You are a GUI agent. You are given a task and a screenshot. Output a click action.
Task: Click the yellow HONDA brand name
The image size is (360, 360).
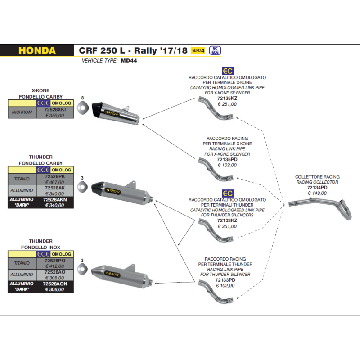[x=37, y=50]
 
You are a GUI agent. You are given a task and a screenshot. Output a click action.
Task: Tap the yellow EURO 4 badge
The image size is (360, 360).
[x=198, y=50]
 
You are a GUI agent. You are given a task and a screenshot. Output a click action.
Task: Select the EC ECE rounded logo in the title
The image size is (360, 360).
[x=215, y=50]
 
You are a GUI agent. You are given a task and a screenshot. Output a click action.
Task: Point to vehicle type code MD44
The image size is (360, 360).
[x=129, y=61]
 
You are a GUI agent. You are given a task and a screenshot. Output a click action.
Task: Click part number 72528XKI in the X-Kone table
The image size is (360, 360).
[x=55, y=109]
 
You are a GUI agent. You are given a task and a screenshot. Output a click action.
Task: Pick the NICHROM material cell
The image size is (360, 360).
[x=22, y=112]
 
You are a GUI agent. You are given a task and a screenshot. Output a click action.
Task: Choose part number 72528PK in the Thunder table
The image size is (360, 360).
[x=55, y=176]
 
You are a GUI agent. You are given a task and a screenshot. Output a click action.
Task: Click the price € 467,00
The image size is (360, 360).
[x=55, y=182]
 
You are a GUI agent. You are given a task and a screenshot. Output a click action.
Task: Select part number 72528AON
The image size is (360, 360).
[x=55, y=283]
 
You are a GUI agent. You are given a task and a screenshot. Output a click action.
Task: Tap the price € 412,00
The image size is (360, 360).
[x=55, y=266]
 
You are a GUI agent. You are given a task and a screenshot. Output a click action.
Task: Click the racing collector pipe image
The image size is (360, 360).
[x=320, y=208]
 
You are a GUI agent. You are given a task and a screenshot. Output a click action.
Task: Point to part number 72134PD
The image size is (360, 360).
[x=317, y=188]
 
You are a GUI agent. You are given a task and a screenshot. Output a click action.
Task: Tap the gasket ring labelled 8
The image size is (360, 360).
[x=83, y=108]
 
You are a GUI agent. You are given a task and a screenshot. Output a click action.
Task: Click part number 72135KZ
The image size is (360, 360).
[x=227, y=98]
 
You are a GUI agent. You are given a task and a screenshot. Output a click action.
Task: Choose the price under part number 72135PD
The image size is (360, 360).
[x=227, y=165]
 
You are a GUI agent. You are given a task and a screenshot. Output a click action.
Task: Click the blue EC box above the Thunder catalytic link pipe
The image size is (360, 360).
[x=228, y=193]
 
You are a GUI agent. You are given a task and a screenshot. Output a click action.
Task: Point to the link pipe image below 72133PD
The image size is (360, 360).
[x=216, y=292]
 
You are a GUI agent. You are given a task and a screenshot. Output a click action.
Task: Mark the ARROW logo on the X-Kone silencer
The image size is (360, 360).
[x=112, y=113]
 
